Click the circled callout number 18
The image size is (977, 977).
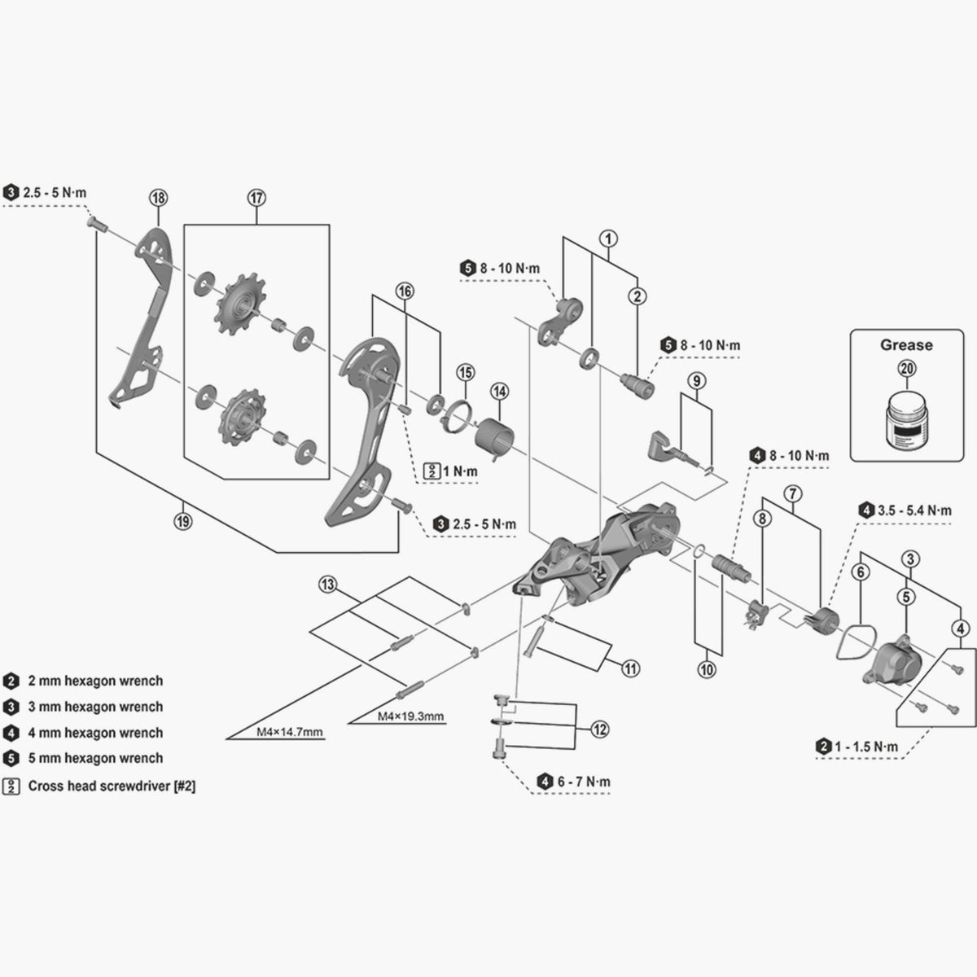click(x=158, y=197)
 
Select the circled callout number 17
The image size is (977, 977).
click(x=256, y=197)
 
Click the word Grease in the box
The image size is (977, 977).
click(x=906, y=344)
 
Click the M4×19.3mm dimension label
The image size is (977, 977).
click(x=410, y=716)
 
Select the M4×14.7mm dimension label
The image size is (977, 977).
click(x=290, y=732)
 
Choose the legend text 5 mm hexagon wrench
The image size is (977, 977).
click(x=95, y=757)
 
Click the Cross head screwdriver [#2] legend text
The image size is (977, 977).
click(x=112, y=786)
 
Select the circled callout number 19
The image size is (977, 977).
click(x=182, y=522)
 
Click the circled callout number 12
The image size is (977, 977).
click(x=599, y=729)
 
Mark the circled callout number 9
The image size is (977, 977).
click(x=695, y=379)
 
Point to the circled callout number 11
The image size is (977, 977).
click(x=630, y=669)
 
